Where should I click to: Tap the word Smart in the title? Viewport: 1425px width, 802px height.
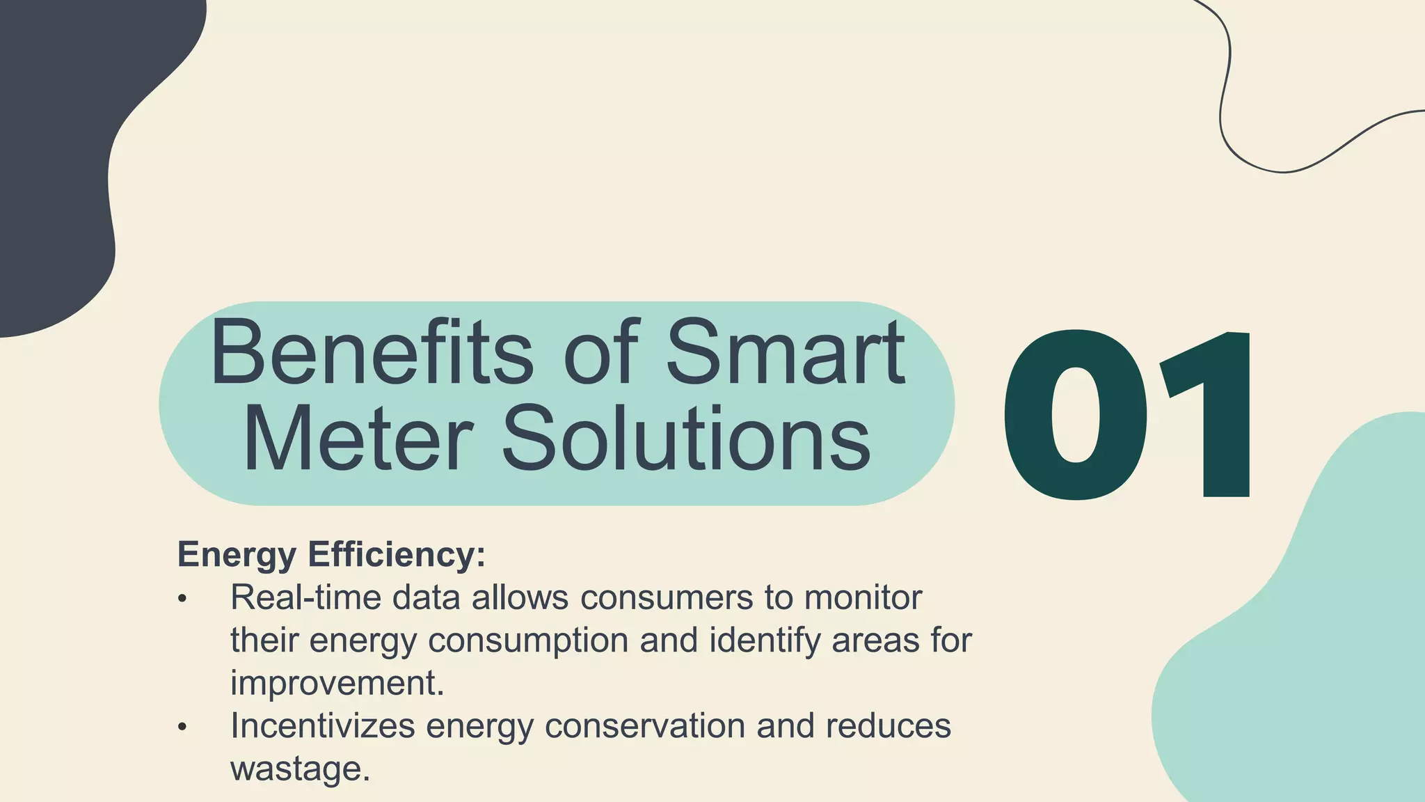[x=786, y=353]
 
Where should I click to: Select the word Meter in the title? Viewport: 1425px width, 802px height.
[x=358, y=439]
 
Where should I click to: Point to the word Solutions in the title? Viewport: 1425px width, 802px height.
[x=685, y=439]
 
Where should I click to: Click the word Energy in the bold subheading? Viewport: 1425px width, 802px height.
[x=237, y=555]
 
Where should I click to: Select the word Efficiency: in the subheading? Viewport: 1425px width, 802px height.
[x=397, y=555]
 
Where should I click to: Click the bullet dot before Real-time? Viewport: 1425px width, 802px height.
[x=182, y=599]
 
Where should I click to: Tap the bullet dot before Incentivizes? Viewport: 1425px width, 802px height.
[x=182, y=727]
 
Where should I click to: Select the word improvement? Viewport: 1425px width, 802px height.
[x=337, y=683]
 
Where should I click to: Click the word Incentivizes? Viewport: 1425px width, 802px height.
[x=322, y=725]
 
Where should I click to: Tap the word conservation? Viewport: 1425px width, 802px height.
[x=644, y=725]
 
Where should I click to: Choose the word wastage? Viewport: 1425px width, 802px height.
[x=299, y=769]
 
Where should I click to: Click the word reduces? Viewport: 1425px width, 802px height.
[x=888, y=725]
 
